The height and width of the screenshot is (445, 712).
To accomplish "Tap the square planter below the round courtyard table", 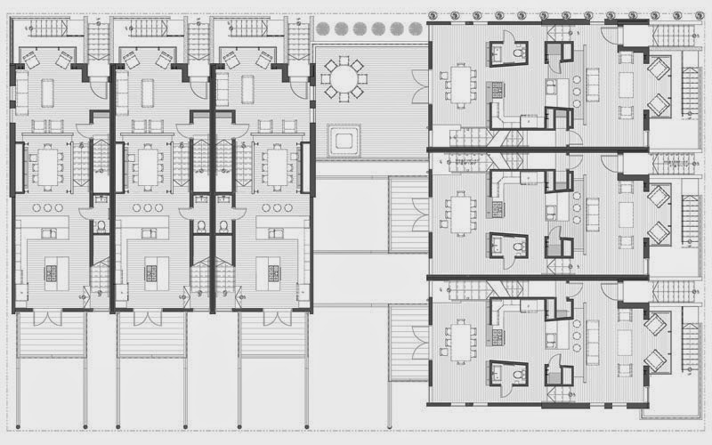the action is tap(343, 140).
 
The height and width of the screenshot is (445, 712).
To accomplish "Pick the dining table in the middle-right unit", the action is tap(461, 212).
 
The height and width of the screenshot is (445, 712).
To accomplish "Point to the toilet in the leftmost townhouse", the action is tap(101, 225).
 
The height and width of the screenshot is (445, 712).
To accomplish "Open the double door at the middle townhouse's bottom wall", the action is tap(151, 316).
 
